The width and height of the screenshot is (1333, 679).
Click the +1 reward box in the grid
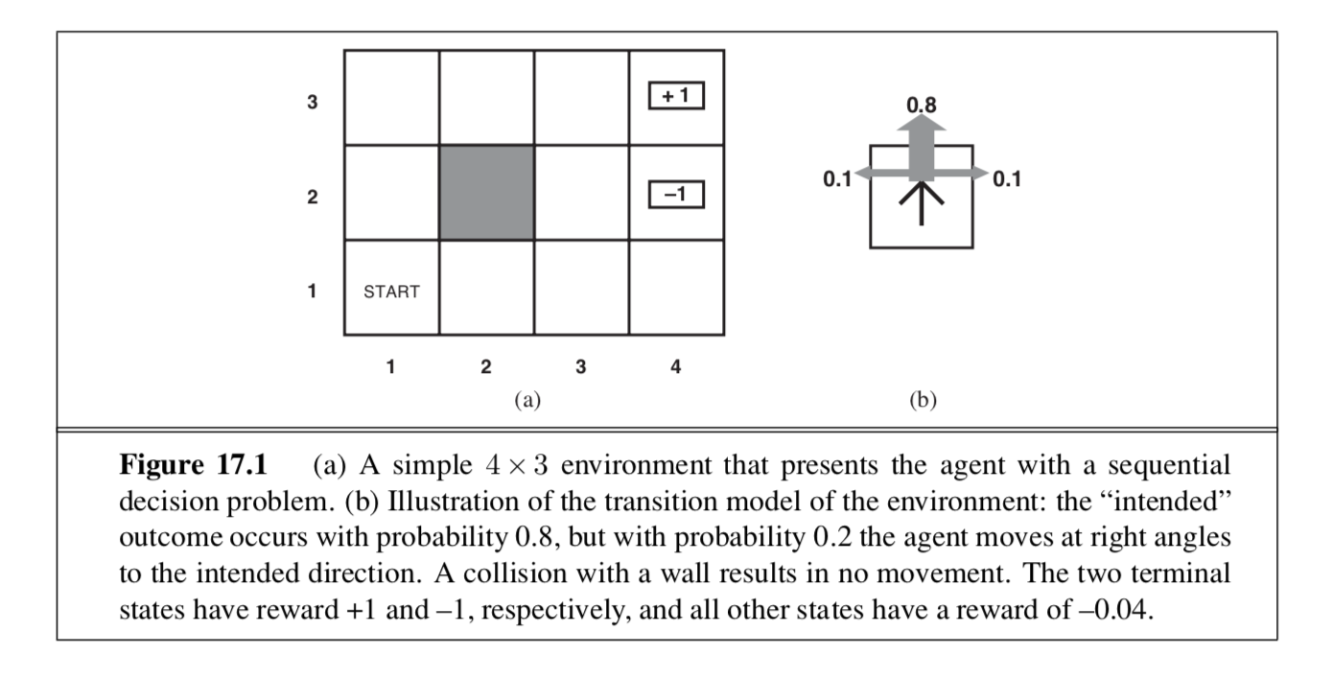676,97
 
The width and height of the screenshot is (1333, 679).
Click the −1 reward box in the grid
676,195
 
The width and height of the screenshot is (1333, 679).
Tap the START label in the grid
391,293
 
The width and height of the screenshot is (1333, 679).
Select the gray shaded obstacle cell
486,192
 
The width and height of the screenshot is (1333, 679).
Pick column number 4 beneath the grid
675,366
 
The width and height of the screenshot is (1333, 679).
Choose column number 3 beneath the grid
580,366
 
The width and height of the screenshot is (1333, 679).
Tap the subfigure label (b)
923,400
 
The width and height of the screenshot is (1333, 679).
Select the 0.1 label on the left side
837,178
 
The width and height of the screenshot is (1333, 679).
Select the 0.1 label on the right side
1007,178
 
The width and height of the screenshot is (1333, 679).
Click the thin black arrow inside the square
922,203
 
